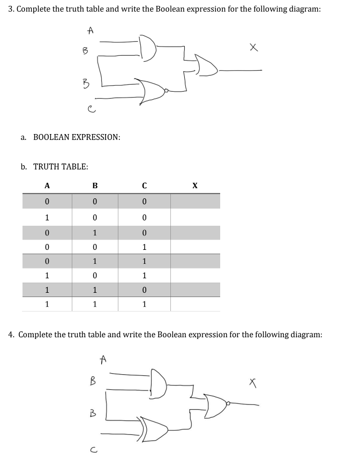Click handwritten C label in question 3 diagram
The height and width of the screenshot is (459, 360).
click(92, 110)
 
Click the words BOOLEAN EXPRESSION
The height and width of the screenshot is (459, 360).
click(77, 137)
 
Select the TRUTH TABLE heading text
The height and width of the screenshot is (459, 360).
click(61, 167)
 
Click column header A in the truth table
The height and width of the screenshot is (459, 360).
click(47, 186)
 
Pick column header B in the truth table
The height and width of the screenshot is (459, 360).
click(95, 186)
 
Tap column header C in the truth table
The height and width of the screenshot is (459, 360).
click(144, 186)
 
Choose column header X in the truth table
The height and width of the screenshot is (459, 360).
click(195, 186)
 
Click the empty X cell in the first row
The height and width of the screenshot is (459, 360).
click(195, 202)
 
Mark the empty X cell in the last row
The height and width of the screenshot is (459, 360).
click(195, 304)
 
